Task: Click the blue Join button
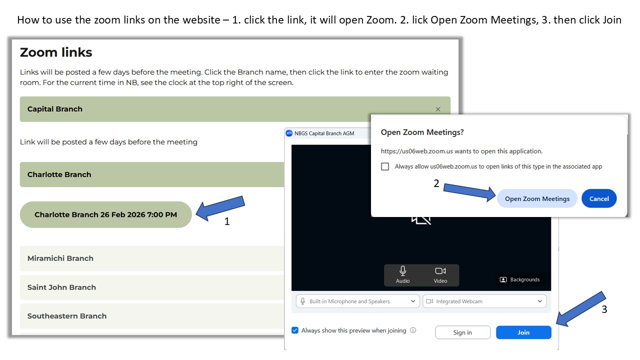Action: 523,332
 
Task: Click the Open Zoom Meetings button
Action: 537,198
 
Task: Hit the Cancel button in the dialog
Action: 599,198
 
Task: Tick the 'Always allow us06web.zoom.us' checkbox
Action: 385,166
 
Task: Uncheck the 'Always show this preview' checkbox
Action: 295,330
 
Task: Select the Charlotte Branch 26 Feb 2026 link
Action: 105,214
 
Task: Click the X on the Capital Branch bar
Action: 438,109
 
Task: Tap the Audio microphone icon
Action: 403,270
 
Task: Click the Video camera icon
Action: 440,270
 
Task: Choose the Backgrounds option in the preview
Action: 519,279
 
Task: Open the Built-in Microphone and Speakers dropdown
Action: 357,301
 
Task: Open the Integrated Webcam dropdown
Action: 484,301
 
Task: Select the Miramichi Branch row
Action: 152,258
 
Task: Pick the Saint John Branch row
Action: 152,287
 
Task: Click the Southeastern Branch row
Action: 152,316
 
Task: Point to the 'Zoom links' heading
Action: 56,52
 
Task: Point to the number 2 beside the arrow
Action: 436,183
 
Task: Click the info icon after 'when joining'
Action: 413,330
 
